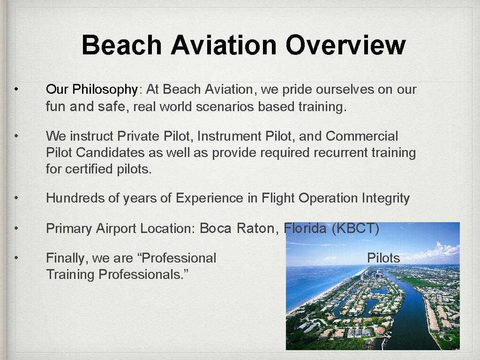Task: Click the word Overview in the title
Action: click(x=345, y=45)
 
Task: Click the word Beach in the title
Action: click(x=122, y=45)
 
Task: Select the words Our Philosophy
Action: click(x=92, y=90)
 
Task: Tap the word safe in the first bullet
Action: click(x=111, y=107)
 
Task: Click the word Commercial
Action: click(x=361, y=136)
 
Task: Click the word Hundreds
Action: click(x=75, y=198)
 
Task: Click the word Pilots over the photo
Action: click(x=383, y=258)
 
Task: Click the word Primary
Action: click(x=69, y=228)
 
